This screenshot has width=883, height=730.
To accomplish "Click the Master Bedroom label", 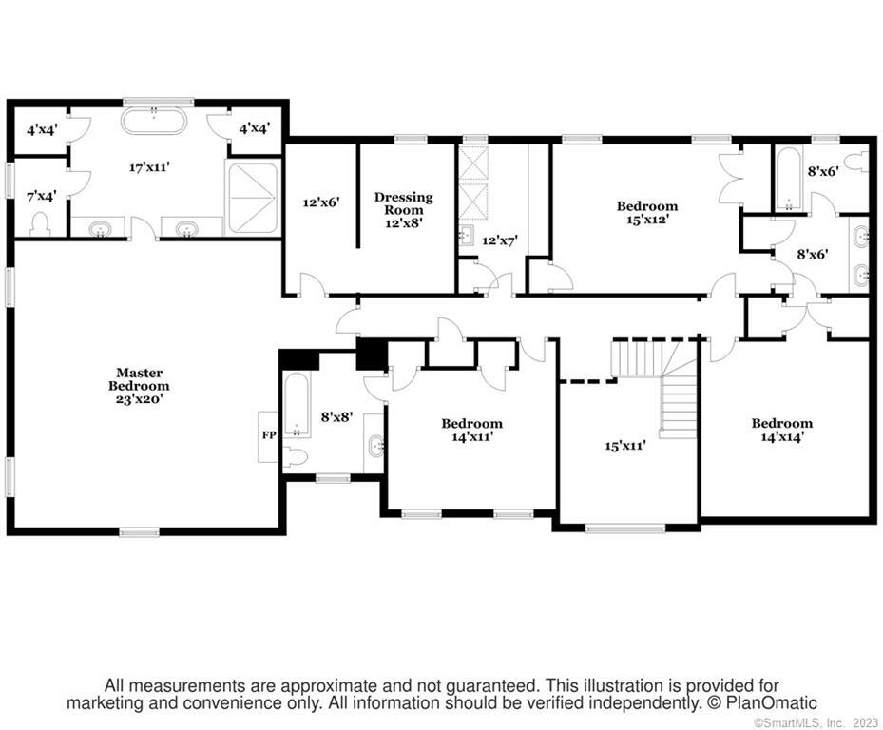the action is click(139, 386).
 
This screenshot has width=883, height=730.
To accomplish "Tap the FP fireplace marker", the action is click(269, 434).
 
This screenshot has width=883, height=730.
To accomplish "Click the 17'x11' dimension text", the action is click(149, 166).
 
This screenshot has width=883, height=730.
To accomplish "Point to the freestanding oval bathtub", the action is click(153, 121).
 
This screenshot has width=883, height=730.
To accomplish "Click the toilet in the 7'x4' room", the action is click(40, 223).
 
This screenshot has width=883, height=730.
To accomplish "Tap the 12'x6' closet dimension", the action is click(321, 202).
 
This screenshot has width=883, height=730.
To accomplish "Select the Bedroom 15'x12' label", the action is click(647, 212).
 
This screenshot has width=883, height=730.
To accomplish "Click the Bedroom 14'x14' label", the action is click(782, 430).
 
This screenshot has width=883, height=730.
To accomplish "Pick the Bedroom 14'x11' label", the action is click(471, 430).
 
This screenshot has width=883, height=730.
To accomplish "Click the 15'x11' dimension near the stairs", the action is click(625, 446).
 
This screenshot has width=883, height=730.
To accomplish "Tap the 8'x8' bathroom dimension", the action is click(336, 417).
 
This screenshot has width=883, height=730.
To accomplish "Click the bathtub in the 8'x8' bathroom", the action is click(297, 404).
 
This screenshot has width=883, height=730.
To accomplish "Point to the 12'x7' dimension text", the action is click(500, 240).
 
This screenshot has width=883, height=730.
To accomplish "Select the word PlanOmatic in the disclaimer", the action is click(771, 703).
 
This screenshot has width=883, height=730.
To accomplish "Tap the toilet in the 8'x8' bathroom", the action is click(295, 455).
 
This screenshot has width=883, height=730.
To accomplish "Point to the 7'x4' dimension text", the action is click(41, 197).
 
